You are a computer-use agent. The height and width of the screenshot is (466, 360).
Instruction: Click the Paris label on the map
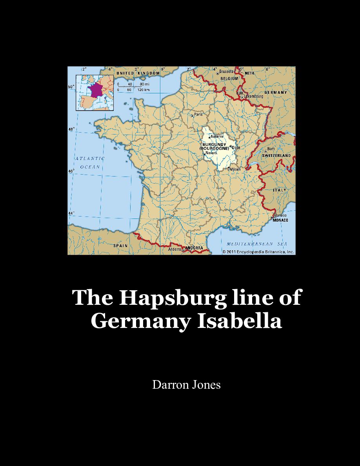[x=198, y=115]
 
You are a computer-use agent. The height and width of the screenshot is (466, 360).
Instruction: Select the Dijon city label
[x=236, y=147]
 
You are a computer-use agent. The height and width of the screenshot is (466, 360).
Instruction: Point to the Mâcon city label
[x=235, y=169]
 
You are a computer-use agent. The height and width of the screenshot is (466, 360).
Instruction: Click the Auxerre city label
[x=217, y=137]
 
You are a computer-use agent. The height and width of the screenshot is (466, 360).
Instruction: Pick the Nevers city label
[x=211, y=153]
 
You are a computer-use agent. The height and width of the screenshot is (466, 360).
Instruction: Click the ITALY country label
[x=280, y=190]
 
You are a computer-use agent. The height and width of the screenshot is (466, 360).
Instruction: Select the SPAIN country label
[x=120, y=246]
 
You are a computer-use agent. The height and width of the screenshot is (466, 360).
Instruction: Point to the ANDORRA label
[x=194, y=248]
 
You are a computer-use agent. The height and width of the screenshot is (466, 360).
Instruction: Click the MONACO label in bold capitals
[x=280, y=220]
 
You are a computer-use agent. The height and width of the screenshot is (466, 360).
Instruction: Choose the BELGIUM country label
[x=229, y=78]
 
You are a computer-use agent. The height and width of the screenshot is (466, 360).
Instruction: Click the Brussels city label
[x=226, y=71]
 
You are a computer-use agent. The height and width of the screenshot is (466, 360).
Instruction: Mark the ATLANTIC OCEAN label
[x=90, y=162]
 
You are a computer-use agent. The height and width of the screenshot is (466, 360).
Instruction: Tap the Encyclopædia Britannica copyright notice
[x=258, y=252]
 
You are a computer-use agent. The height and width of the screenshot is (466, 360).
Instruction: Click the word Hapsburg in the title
[x=173, y=297]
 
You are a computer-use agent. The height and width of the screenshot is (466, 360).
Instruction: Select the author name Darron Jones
[x=186, y=385]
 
